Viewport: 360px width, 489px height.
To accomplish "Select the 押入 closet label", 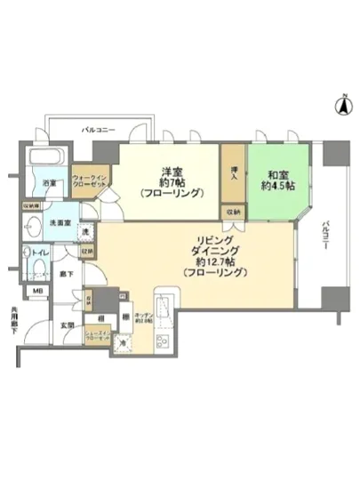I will (233, 176).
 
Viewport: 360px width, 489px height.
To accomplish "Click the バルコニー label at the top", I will (99, 130).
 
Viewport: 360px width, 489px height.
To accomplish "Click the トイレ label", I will (41, 252).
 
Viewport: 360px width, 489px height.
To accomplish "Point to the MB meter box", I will (38, 291).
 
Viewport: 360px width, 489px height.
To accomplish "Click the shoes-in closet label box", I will (98, 339).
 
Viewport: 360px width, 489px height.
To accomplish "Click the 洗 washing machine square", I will (85, 232).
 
